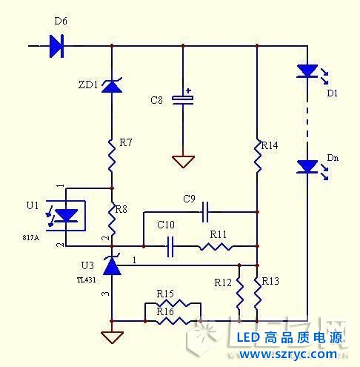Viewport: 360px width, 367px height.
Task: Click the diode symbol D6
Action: point(56,46)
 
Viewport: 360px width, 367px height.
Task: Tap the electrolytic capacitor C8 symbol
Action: point(183,100)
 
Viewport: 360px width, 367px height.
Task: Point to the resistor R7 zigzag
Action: point(112,155)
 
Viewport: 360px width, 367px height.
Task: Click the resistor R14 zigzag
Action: point(258,156)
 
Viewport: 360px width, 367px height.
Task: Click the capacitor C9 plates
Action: point(205,212)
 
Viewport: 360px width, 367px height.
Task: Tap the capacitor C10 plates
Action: point(170,246)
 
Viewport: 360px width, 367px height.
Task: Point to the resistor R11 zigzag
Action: point(216,247)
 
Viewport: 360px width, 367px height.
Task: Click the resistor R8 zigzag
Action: point(112,219)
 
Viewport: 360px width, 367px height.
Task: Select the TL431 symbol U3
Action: point(112,265)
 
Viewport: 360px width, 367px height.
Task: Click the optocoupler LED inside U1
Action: point(65,216)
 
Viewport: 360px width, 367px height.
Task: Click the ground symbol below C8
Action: point(183,162)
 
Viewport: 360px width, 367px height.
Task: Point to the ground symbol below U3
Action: point(112,337)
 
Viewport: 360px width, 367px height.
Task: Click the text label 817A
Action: point(30,237)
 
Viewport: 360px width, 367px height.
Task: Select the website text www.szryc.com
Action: point(288,354)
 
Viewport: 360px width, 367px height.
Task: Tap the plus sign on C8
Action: point(189,90)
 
